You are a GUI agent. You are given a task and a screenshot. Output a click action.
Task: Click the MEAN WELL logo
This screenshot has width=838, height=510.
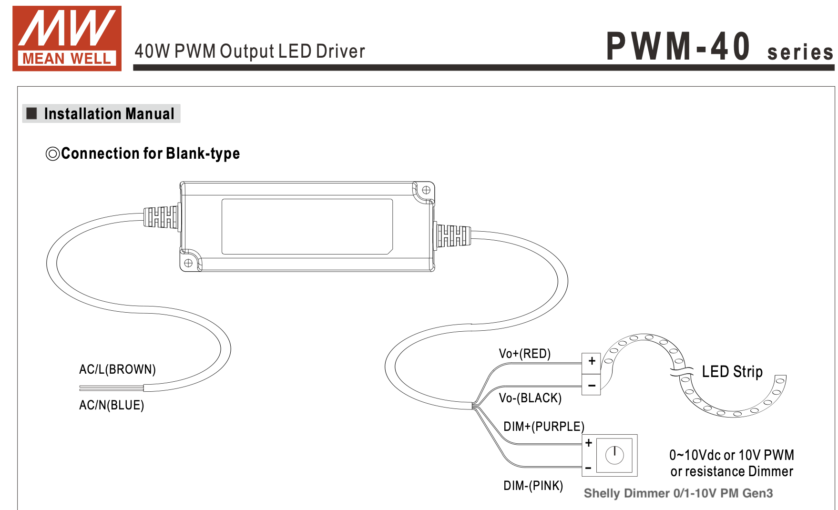pos(67,39)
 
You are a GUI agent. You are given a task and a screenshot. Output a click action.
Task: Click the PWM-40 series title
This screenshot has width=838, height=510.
pos(719,47)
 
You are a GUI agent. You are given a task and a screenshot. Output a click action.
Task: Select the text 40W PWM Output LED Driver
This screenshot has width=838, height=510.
pos(250,51)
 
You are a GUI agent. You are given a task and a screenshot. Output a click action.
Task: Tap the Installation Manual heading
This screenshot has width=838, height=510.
pos(109,114)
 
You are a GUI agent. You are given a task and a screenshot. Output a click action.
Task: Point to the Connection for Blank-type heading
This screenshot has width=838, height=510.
pos(150,153)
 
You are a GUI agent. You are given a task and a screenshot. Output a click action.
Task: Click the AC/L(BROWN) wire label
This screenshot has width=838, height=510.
pos(117,369)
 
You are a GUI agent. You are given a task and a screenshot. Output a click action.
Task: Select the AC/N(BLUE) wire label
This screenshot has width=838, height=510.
pos(112,405)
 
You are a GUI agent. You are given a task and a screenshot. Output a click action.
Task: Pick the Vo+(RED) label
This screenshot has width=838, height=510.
pos(524,354)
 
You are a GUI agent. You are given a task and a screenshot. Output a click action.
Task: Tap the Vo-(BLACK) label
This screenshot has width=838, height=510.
pos(530,398)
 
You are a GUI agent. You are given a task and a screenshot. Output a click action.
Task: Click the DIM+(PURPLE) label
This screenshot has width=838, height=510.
pos(543,427)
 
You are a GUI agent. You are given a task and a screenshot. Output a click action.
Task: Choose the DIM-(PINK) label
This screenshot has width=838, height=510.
pos(533,486)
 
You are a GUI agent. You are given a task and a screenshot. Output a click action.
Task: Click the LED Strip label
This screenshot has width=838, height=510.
pos(732,372)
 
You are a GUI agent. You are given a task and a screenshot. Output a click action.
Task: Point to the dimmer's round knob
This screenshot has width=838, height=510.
pos(614,455)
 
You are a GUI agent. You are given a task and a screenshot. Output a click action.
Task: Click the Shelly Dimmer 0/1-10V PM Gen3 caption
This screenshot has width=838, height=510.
pos(678,493)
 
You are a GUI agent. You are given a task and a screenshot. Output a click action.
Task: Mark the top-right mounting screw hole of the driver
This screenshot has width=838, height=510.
pos(426,190)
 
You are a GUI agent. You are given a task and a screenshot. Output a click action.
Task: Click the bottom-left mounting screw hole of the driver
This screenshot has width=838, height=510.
pos(188,263)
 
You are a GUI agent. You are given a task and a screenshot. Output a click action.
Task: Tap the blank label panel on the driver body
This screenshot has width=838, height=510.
pos(307,226)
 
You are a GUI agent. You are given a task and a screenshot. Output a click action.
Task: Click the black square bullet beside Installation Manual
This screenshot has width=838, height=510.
pos(32,113)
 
